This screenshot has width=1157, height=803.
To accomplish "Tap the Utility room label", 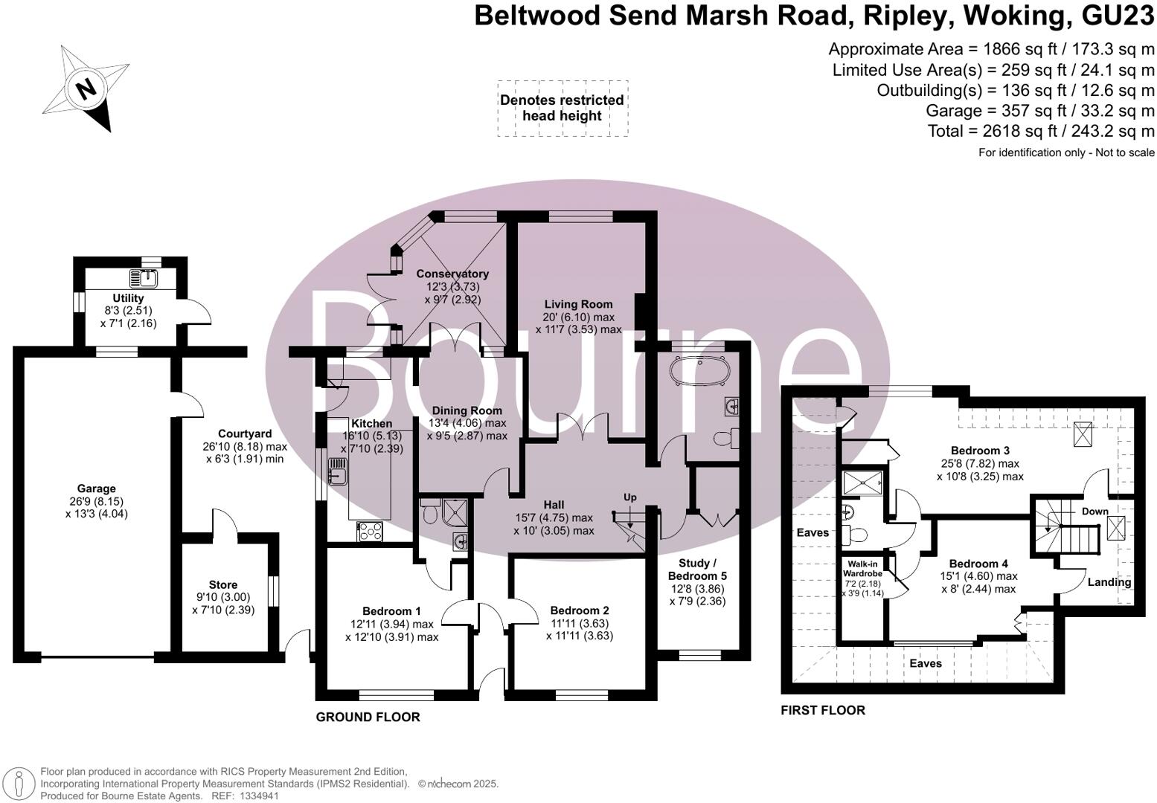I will point(128,298).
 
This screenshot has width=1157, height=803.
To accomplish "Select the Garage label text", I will point(97,488).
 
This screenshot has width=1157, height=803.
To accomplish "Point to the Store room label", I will point(223,585).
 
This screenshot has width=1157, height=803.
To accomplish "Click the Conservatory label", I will point(452,274).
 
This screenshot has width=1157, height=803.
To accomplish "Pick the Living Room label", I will point(578,304).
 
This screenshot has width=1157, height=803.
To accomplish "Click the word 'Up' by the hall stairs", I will point(630,497).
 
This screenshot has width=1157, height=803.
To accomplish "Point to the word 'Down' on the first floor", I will point(1094,512).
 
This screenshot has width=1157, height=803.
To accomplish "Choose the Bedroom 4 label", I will point(979,564).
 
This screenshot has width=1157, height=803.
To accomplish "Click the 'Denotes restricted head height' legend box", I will point(562,108).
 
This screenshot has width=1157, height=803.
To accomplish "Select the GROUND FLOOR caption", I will point(368,717).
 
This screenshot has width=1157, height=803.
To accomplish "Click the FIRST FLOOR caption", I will point(822,711).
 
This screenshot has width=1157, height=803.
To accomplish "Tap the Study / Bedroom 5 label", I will point(697,570).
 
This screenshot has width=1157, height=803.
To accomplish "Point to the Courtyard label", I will point(245,433).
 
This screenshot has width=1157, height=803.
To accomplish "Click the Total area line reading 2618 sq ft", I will point(1041,131).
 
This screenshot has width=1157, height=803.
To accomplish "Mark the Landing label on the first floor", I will point(1109,582).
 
